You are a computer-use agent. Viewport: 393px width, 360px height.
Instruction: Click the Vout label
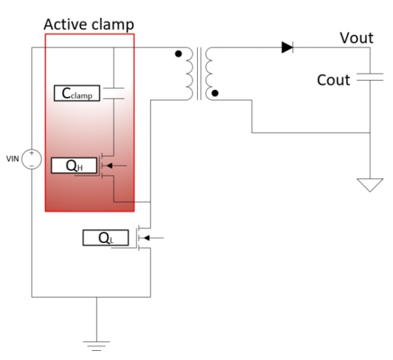pos(356,38)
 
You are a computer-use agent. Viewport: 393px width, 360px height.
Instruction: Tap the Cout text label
pos(333,80)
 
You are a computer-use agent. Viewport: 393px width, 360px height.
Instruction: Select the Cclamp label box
pos(77,93)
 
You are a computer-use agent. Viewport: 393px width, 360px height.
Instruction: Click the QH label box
pos(74,166)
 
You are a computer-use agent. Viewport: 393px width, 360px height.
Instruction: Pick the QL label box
pos(106,238)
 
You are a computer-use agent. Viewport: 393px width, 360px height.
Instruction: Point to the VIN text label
pos(13,159)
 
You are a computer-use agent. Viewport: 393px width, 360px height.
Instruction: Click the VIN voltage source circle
pos(32,159)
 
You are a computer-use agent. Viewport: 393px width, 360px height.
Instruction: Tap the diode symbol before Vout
pos(287,47)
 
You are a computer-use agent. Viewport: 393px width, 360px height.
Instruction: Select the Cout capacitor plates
pos(370,77)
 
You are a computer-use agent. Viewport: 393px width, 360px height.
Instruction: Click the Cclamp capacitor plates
pos(114,94)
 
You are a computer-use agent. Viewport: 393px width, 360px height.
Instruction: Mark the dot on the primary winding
pos(178,54)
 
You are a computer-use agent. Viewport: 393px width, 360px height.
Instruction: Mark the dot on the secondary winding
pos(215,93)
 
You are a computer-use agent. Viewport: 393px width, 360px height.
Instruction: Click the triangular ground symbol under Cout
pos(370,185)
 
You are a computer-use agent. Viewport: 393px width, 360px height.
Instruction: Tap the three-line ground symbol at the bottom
pos(96,346)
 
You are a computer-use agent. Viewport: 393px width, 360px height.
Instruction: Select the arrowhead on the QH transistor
pos(109,166)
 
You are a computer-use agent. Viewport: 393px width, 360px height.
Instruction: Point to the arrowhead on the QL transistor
pos(147,238)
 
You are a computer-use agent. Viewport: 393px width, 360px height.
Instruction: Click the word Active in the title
pos(66,24)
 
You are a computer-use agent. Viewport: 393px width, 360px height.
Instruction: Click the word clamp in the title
pos(113,25)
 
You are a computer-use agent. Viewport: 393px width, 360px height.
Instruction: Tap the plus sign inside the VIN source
pos(32,153)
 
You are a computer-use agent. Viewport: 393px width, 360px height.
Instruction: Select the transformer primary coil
pos(189,74)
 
